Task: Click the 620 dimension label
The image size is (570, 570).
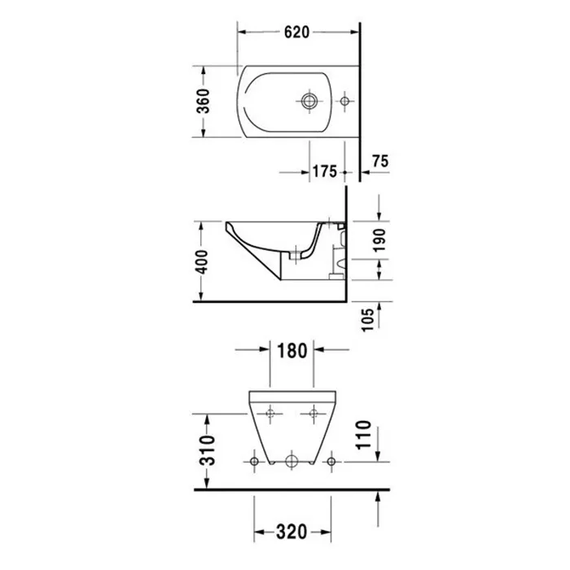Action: click(296, 32)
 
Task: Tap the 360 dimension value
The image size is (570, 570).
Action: click(204, 101)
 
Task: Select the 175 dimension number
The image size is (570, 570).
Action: click(325, 171)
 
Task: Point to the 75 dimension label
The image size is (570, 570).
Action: click(380, 160)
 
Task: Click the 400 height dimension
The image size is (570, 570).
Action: click(201, 262)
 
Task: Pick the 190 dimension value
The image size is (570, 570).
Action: click(379, 240)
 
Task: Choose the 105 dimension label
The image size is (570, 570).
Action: click(368, 320)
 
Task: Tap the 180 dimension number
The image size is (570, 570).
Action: click(292, 351)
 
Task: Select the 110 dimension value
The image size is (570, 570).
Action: click(363, 435)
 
